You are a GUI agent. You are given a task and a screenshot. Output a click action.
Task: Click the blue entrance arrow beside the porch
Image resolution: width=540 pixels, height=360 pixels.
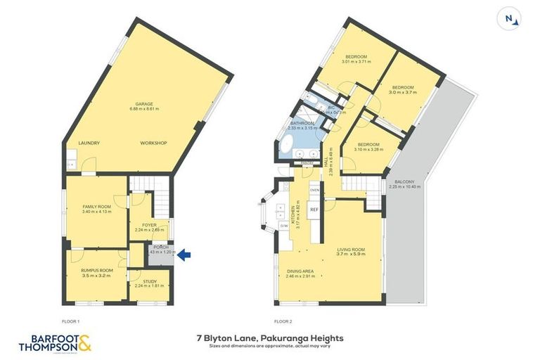(183, 256)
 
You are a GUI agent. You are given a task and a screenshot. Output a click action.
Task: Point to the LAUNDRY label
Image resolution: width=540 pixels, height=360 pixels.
(89, 143)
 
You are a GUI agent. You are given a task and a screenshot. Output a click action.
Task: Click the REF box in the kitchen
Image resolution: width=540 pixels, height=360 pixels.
(314, 210)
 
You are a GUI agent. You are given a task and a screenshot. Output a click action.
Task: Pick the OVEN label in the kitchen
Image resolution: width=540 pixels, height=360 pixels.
(314, 190)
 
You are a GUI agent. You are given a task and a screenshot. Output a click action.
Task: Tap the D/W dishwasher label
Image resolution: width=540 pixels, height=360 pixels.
(283, 226)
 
